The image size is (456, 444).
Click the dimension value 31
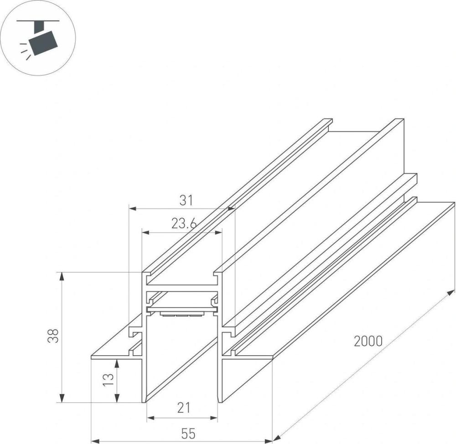click(x=186, y=200)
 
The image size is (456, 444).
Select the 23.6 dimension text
click(x=184, y=224)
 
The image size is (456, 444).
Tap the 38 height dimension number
click(x=53, y=336)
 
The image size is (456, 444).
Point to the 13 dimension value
click(x=108, y=379)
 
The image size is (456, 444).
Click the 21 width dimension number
click(x=184, y=408)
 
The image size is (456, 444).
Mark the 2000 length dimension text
click(x=368, y=341)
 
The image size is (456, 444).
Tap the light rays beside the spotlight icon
click(x=25, y=52)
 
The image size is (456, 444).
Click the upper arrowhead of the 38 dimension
click(x=62, y=276)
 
